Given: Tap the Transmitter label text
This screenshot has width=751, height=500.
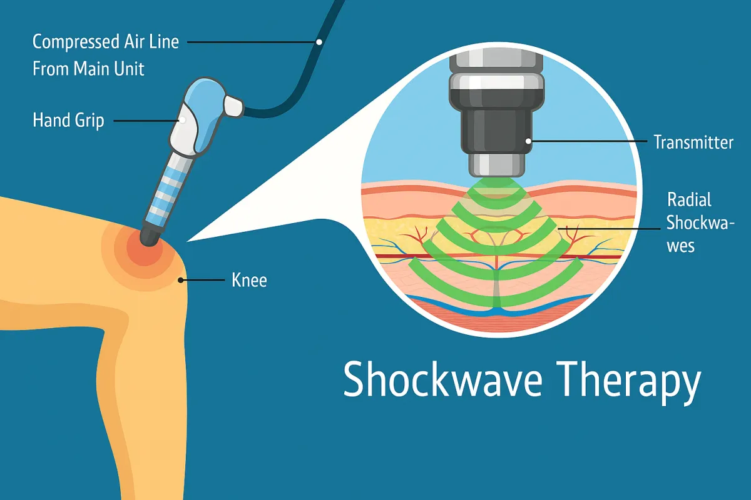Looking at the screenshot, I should click(x=693, y=142).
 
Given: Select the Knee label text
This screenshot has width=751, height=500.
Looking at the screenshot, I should click(x=249, y=280).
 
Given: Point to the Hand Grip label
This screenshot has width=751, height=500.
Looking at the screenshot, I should click(x=68, y=119).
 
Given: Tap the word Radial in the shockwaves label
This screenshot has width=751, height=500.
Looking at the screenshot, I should click(x=689, y=200).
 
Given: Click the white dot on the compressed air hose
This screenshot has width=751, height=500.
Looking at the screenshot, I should click(x=319, y=42).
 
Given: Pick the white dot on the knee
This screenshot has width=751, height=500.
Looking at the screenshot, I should click(x=181, y=280).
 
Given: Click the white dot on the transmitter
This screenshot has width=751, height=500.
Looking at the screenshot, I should click(x=529, y=142).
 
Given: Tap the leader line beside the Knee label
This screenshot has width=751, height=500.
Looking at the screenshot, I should click(x=203, y=280).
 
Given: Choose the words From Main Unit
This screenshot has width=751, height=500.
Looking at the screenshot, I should click(x=88, y=68).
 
